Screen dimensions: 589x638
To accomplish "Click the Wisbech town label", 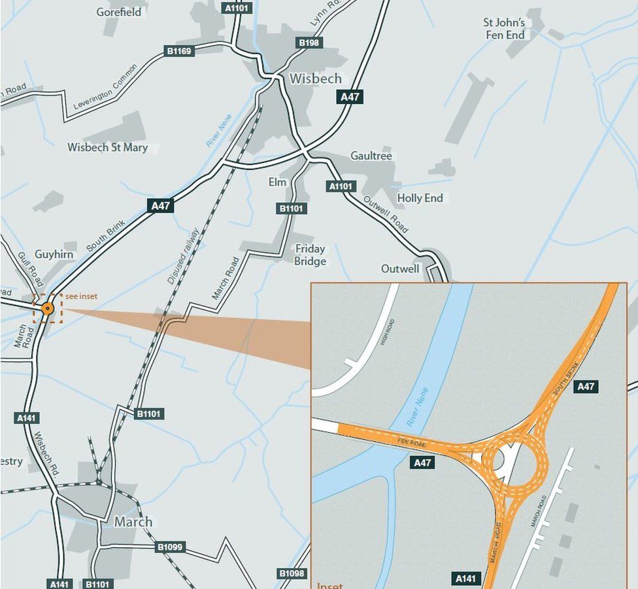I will coord(315,79).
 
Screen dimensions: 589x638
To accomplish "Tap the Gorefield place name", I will coord(118,12).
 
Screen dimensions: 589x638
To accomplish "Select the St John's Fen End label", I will coord(504,29).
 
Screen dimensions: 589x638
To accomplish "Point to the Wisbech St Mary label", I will coord(107,147).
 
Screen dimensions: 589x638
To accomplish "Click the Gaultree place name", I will coord(371,156).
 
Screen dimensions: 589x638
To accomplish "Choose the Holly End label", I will coord(420,198).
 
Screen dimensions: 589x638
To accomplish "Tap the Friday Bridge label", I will coord(310,255).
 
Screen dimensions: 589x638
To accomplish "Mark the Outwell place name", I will coord(400,269).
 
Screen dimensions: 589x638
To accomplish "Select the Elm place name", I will coord(277,182).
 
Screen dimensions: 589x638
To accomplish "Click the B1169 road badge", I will coord(180,50).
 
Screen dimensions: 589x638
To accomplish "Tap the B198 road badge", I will coord(309,43).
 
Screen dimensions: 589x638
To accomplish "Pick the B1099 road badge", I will coord(170,546).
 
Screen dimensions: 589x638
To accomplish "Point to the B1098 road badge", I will coord(292,574).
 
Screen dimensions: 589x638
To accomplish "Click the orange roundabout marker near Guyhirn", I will coord(47,309).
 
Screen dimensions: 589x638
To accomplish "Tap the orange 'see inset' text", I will coord(81,296).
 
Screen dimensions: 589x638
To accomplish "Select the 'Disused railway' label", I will coord(183,255).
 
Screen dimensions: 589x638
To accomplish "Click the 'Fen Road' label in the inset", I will coord(412,443).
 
